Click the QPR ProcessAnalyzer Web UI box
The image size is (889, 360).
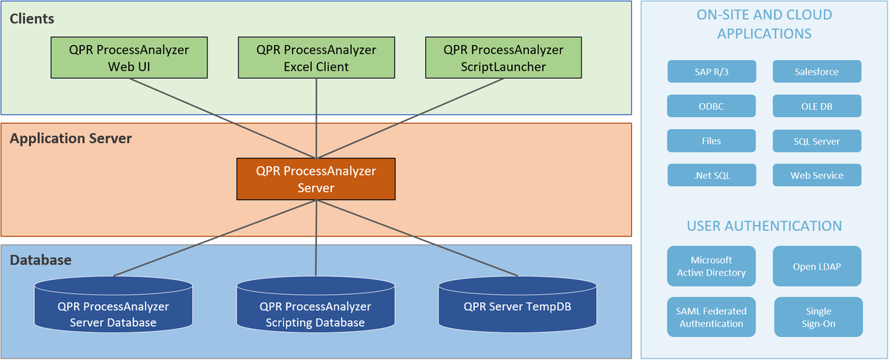click(129, 58)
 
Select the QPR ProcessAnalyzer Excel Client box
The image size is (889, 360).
click(316, 58)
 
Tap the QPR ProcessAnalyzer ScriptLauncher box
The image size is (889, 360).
click(504, 58)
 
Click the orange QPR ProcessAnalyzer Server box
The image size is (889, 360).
click(316, 179)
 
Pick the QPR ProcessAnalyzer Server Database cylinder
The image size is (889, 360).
click(113, 304)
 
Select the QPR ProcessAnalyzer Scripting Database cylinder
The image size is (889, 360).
click(316, 304)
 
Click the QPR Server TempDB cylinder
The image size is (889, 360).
click(518, 304)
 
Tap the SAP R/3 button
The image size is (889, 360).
click(712, 71)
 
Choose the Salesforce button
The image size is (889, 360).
click(816, 71)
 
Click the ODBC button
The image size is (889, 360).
click(711, 106)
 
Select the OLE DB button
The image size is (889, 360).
click(816, 106)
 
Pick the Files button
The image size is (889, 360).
click(711, 141)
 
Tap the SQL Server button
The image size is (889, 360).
click(816, 141)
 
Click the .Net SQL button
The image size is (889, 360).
click(712, 175)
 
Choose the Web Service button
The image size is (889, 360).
click(816, 175)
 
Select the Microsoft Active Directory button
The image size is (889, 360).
click(711, 266)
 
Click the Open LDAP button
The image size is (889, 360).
click(816, 266)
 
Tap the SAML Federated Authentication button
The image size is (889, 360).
click(711, 317)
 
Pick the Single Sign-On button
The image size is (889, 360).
click(819, 317)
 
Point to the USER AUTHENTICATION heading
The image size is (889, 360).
click(765, 226)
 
